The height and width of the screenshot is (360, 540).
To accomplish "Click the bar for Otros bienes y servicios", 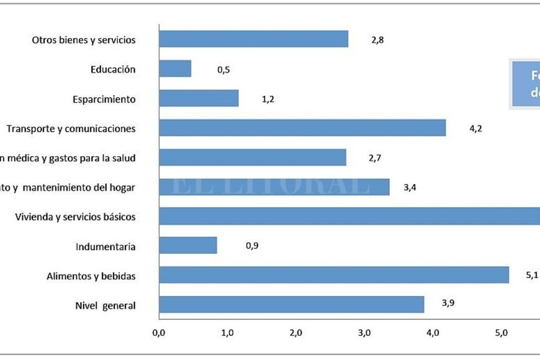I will click(253, 39).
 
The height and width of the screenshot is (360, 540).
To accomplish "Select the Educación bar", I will click(175, 69).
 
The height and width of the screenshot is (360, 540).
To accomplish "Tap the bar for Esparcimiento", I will click(199, 98).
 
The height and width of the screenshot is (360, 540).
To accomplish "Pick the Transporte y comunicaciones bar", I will click(302, 128).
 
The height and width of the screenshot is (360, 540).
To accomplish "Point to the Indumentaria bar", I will click(188, 246).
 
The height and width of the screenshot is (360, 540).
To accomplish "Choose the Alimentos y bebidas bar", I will click(334, 275).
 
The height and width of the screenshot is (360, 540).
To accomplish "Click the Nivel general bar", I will click(292, 304).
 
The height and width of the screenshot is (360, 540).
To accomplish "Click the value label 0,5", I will click(223, 70).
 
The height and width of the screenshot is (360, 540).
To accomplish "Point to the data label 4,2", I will click(475, 129).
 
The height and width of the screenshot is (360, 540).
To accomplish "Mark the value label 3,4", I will click(409, 187).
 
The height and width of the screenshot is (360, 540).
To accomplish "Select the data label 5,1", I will click(532, 275).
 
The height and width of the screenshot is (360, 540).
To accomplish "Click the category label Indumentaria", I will click(106, 246).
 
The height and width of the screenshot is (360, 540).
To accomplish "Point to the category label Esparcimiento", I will click(104, 99).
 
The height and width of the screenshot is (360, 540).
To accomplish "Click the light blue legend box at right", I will click(524, 84).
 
